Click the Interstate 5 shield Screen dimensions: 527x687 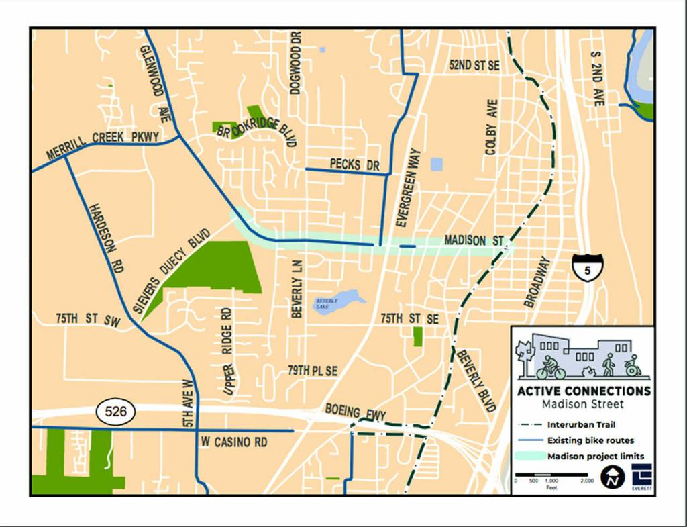(588, 265)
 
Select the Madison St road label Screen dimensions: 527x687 (474, 240)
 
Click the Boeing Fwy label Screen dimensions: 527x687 (356, 412)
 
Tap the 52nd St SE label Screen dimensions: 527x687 (474, 66)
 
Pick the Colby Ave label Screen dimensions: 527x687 (491, 128)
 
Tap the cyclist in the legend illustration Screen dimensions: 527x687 (550, 367)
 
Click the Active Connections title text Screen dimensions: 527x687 (583, 391)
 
